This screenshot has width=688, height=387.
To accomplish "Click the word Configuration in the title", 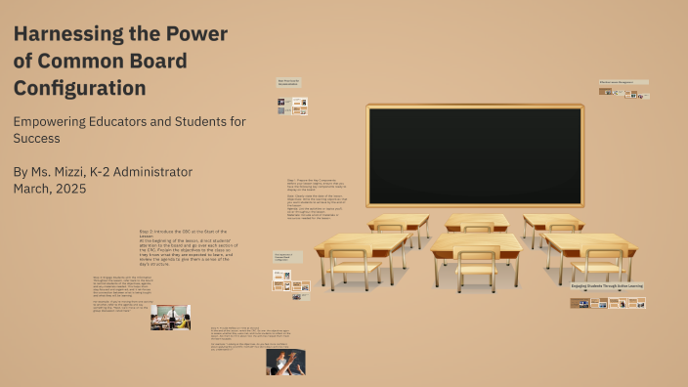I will pos(80,89).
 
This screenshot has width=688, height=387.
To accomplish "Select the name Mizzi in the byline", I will pos(87,172).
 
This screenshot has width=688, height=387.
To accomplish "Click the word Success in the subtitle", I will pos(37,139).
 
